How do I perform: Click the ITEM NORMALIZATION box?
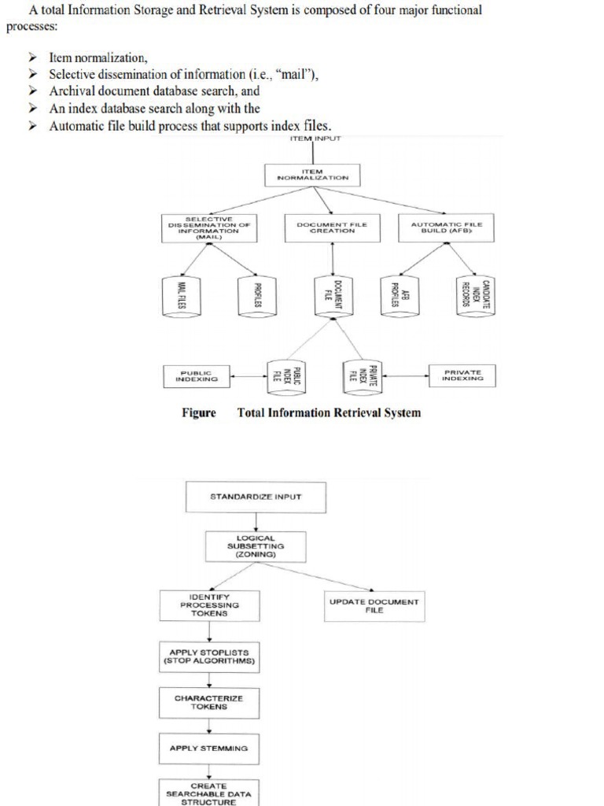313,175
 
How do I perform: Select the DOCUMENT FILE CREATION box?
332,227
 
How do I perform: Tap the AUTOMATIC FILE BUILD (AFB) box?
447,227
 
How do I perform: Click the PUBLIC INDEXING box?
196,375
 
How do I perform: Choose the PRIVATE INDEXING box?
462,375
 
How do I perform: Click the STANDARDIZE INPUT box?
256,497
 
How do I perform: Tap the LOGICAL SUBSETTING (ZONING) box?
256,545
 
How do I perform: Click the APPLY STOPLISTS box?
209,656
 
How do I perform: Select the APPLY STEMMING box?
208,748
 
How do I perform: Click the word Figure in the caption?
199,412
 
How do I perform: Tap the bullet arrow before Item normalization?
32,58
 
